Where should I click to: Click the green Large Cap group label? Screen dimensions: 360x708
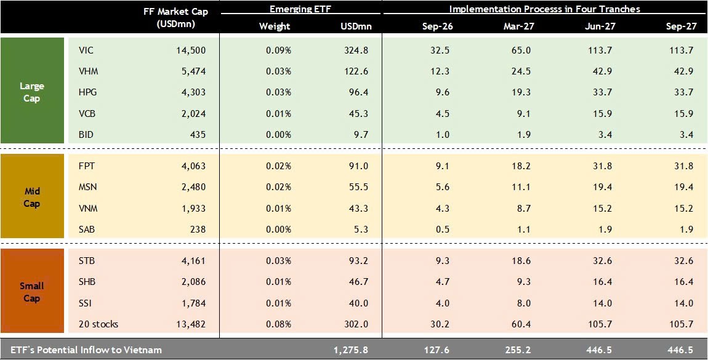[x=32, y=92]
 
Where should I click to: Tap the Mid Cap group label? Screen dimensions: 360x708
[x=32, y=197]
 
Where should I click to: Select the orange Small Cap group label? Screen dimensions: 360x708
[x=32, y=292]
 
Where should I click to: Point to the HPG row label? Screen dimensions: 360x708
[x=88, y=92]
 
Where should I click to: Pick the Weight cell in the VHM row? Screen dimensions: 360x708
[x=278, y=71]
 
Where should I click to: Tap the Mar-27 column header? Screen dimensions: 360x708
[x=517, y=26]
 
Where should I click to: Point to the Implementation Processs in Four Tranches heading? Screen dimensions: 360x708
[x=544, y=9]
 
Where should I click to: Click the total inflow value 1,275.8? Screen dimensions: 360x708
[x=351, y=350]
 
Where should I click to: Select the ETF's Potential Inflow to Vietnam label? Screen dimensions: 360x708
[x=82, y=350]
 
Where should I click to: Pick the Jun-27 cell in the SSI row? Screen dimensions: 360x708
[x=601, y=303]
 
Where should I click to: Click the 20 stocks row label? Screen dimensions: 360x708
[x=99, y=324]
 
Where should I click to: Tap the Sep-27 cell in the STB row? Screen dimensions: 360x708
[x=683, y=261]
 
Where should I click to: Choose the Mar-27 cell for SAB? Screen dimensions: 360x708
[x=521, y=230]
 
